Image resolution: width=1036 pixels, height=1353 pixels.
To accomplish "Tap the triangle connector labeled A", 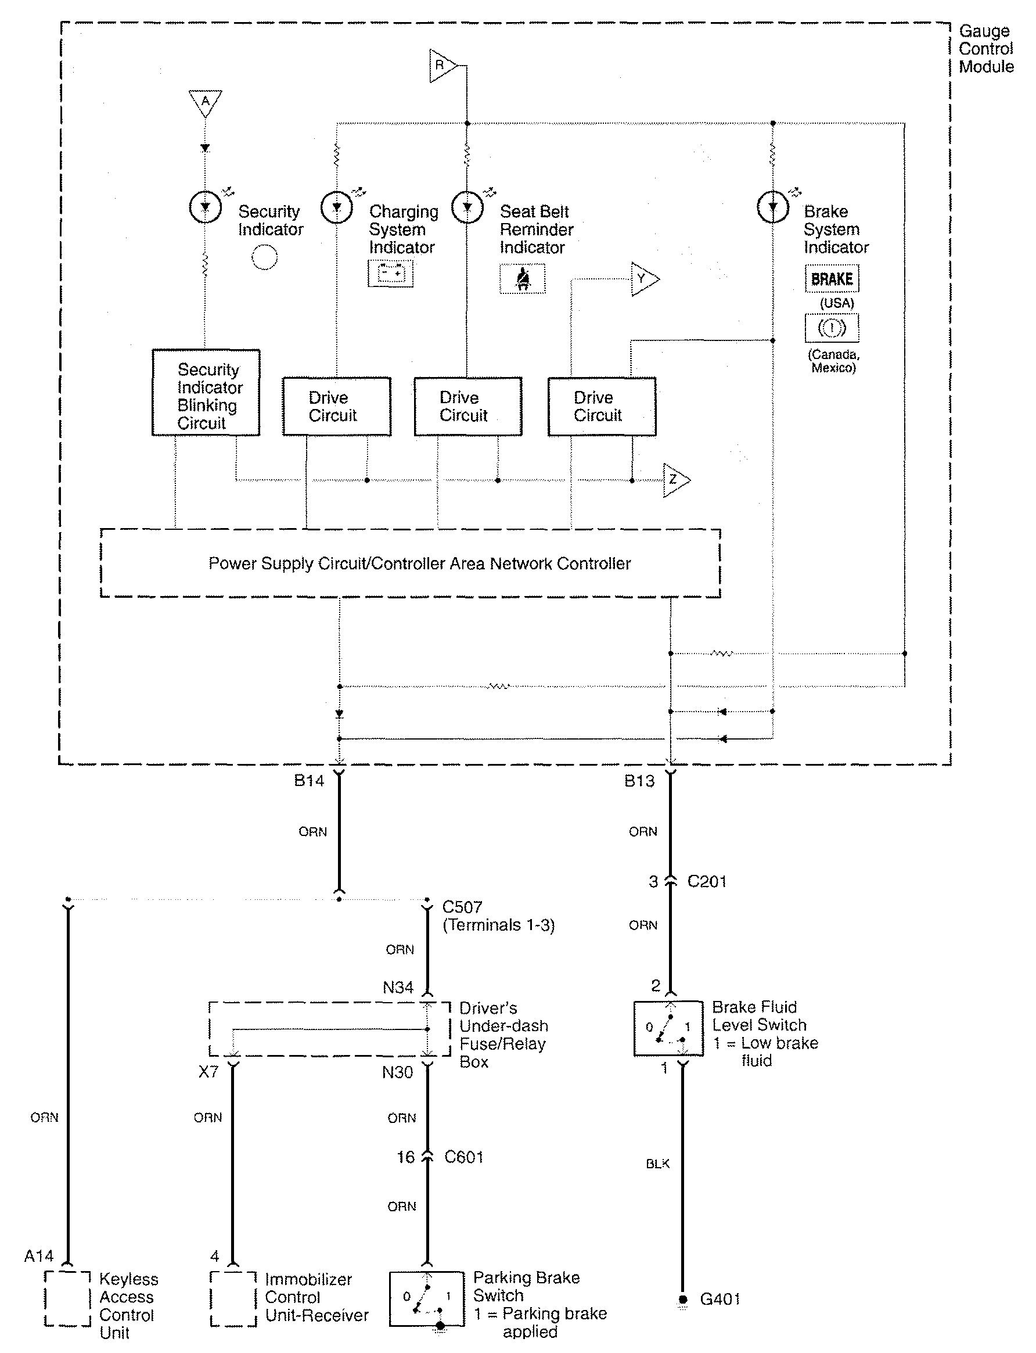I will click(x=206, y=102).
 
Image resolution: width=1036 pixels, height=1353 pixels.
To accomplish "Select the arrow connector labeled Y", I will click(x=644, y=279).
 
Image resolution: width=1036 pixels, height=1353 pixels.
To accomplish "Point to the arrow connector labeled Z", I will click(x=675, y=479).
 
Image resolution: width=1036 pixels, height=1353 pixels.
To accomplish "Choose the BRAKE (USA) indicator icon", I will click(x=831, y=279).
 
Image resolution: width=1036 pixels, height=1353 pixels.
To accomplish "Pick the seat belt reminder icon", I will click(x=522, y=279).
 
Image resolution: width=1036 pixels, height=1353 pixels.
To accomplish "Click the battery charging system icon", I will click(x=390, y=272).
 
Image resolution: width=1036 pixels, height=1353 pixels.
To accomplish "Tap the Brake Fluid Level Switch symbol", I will click(x=668, y=1028).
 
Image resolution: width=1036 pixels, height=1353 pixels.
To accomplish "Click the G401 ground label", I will click(x=720, y=1299).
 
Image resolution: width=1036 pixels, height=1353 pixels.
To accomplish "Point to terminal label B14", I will click(x=309, y=781).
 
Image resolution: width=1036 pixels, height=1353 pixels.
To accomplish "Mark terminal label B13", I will click(x=639, y=781).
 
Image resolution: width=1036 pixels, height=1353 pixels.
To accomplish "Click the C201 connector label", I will click(x=707, y=882).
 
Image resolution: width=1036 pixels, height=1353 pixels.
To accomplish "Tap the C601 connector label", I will click(x=464, y=1157).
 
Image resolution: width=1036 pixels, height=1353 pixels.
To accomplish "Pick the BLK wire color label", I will click(x=657, y=1164).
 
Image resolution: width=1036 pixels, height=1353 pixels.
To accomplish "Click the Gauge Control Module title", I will click(x=985, y=49).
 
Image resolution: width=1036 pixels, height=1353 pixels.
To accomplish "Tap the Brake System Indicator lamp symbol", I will click(x=773, y=207).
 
